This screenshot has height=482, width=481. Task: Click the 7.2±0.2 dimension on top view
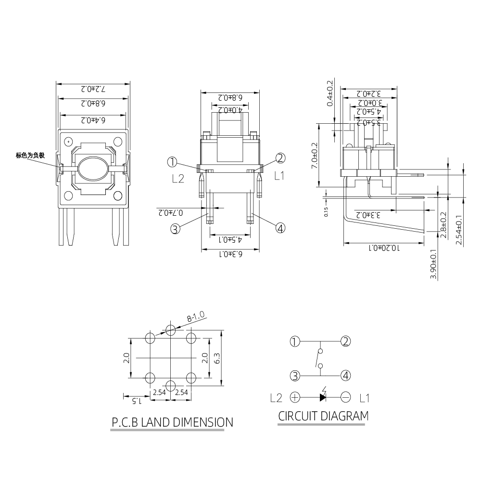(93, 89)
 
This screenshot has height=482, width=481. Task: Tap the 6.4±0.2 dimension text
(93, 119)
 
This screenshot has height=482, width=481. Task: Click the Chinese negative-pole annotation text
(30, 156)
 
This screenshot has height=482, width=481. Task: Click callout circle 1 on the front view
(173, 161)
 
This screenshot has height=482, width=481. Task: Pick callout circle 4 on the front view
(280, 228)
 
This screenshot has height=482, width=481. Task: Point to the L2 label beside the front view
(178, 179)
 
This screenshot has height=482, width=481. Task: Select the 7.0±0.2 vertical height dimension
(315, 155)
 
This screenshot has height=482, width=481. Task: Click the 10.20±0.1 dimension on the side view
(385, 248)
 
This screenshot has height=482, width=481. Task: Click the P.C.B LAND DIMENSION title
(172, 423)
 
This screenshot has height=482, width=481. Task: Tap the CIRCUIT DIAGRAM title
(323, 416)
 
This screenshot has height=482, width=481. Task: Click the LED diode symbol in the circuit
(323, 397)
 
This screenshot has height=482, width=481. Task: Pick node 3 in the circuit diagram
(295, 375)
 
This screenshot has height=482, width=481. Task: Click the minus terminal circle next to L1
(345, 397)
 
